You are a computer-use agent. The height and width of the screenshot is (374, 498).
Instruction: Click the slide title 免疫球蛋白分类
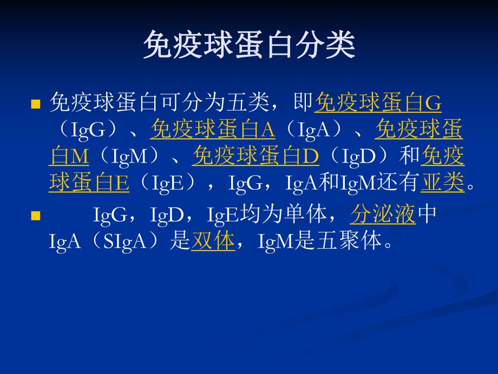click(249, 44)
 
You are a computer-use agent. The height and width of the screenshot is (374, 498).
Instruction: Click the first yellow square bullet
click(36, 104)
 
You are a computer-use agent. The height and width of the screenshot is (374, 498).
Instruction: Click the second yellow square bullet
click(36, 216)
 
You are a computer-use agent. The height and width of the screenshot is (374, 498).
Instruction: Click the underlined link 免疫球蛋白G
click(378, 102)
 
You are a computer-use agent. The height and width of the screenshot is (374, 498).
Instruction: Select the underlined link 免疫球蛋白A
click(213, 130)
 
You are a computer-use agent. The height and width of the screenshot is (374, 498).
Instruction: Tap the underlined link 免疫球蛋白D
click(255, 157)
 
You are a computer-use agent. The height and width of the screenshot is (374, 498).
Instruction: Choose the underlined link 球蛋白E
click(89, 184)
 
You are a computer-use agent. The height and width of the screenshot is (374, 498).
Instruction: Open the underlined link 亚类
click(442, 184)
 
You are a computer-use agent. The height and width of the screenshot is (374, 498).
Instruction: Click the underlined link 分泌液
click(383, 215)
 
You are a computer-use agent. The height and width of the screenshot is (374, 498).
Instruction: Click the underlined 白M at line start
click(69, 157)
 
